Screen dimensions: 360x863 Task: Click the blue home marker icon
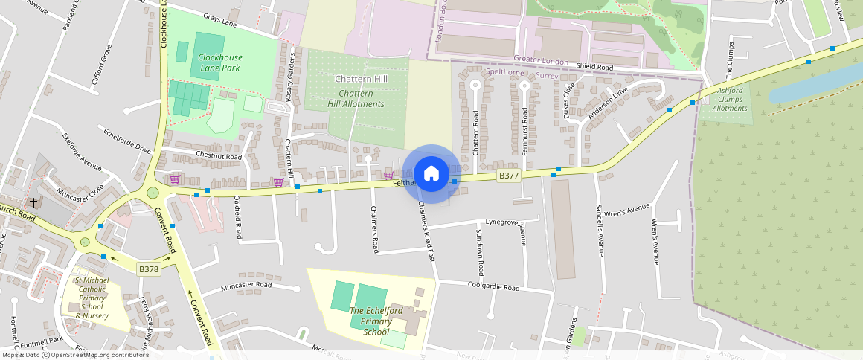pyautogui.click(x=431, y=174)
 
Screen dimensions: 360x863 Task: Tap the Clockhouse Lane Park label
pyautogui.click(x=220, y=62)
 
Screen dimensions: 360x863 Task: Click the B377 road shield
pyautogui.click(x=508, y=176)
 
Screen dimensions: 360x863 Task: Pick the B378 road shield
pyautogui.click(x=149, y=269)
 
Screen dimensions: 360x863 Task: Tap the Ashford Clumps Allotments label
pyautogui.click(x=730, y=100)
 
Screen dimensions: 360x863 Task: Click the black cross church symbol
pyautogui.click(x=33, y=202)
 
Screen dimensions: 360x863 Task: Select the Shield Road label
pyautogui.click(x=594, y=68)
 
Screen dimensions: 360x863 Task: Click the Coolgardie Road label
pyautogui.click(x=494, y=286)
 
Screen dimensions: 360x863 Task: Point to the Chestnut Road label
pyautogui.click(x=219, y=157)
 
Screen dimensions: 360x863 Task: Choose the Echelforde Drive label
pyautogui.click(x=127, y=139)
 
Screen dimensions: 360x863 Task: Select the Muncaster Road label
pyautogui.click(x=248, y=285)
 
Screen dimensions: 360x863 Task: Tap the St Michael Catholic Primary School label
pyautogui.click(x=93, y=298)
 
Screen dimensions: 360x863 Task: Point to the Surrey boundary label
pyautogui.click(x=547, y=76)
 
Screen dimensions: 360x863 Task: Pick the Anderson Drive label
pyautogui.click(x=608, y=102)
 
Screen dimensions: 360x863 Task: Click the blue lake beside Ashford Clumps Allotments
pyautogui.click(x=811, y=83)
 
